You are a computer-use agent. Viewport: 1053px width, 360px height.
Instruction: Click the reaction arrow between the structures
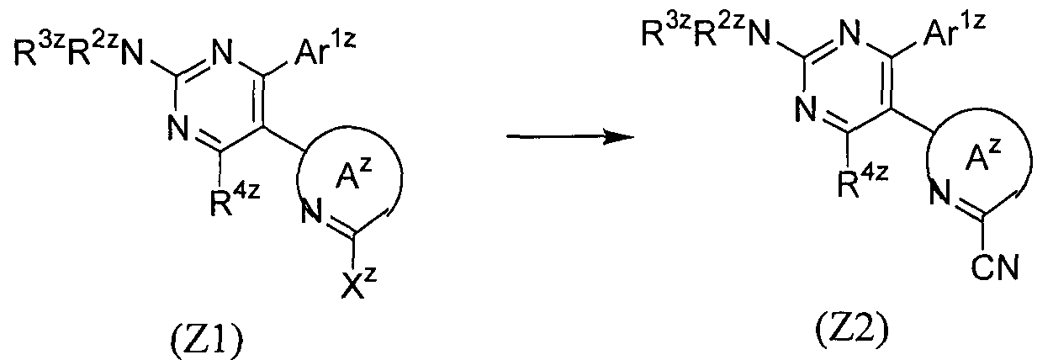[x=570, y=137]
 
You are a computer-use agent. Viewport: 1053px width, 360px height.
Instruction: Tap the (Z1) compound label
[x=207, y=342]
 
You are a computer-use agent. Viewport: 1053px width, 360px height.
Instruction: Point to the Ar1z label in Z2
[x=955, y=30]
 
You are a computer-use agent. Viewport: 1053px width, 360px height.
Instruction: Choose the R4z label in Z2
[x=864, y=182]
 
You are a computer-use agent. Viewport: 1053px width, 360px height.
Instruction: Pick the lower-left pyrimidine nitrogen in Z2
[x=807, y=108]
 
